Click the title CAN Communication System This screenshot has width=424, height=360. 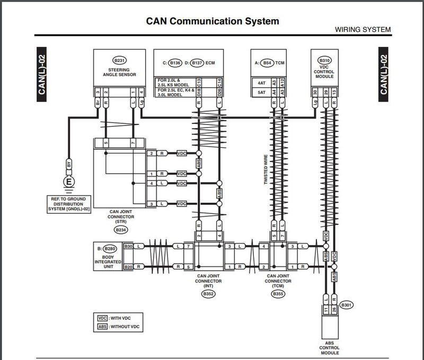pyautogui.click(x=212, y=22)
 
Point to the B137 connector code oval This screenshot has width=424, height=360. pyautogui.click(x=196, y=63)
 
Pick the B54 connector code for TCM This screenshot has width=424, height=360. pyautogui.click(x=268, y=63)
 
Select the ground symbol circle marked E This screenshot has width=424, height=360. pyautogui.click(x=67, y=183)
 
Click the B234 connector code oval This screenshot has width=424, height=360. pyautogui.click(x=121, y=230)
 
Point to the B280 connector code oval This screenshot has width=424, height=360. pyautogui.click(x=110, y=248)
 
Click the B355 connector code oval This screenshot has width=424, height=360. pyautogui.click(x=277, y=293)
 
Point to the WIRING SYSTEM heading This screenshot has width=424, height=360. pyautogui.click(x=363, y=30)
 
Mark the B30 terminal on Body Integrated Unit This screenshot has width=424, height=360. pyautogui.click(x=128, y=247)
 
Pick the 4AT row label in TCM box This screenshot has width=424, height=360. pyautogui.click(x=261, y=83)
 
